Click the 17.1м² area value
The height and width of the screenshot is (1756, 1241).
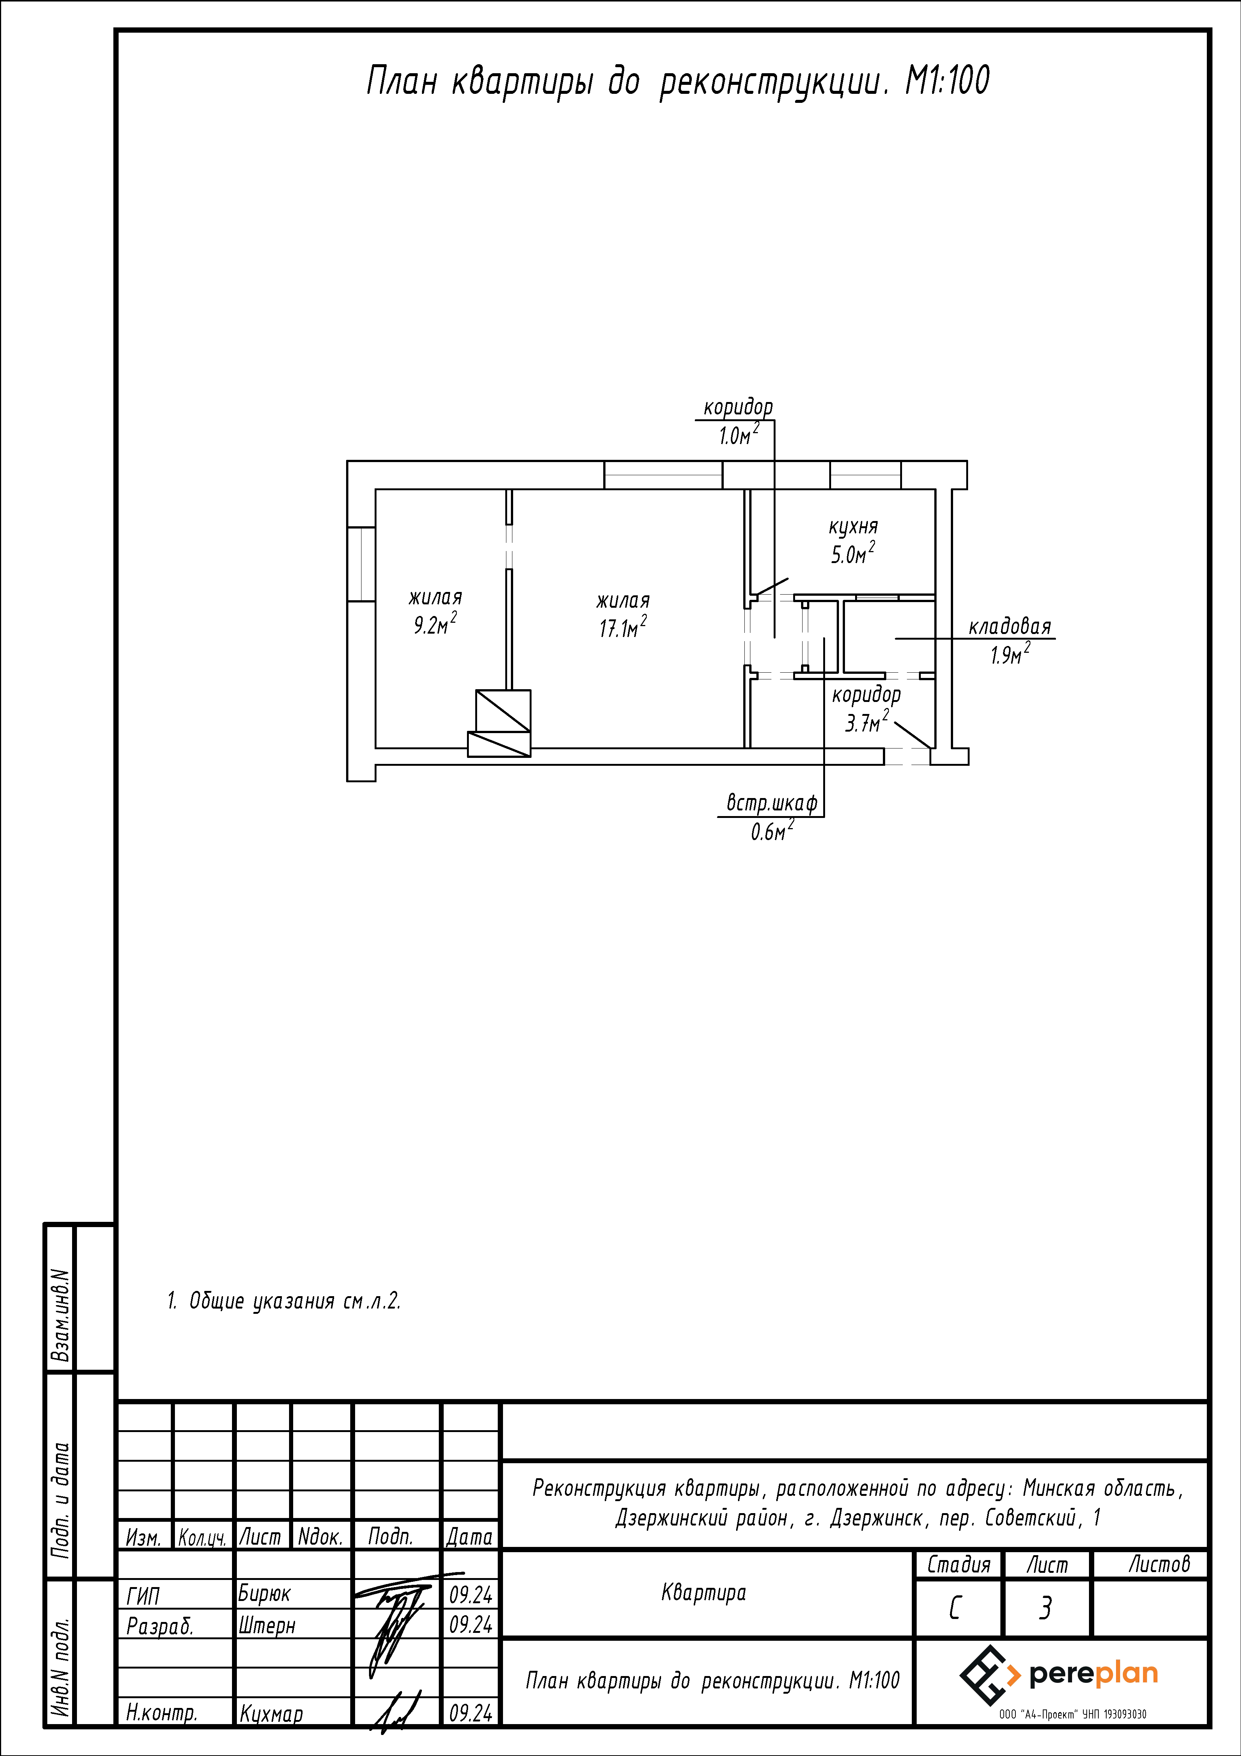[623, 628]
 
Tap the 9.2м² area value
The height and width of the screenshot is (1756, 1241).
[435, 624]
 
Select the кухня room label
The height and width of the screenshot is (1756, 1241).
[853, 527]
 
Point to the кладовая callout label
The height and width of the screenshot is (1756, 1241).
[1010, 627]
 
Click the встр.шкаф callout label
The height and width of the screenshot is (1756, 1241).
[771, 803]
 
